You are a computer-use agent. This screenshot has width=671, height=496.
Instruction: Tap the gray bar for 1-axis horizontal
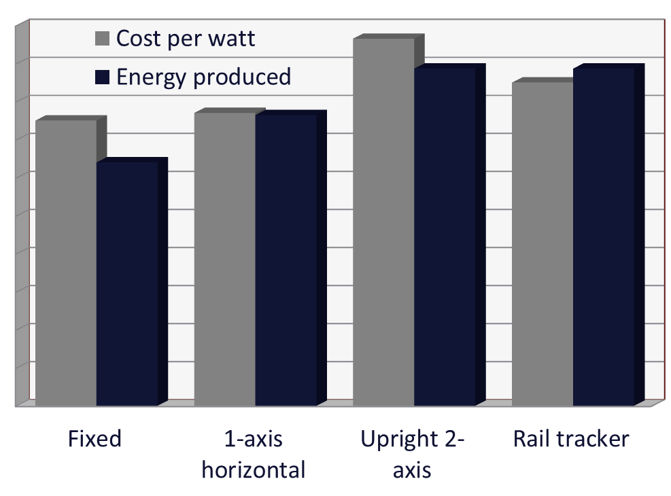[x=224, y=259]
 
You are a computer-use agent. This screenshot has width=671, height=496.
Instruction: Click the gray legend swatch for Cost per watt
[x=103, y=39]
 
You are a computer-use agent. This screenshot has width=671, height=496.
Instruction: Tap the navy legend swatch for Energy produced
[x=103, y=77]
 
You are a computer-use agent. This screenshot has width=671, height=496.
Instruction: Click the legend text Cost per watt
[x=186, y=38]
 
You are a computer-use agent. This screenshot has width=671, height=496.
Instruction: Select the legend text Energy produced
[x=203, y=77]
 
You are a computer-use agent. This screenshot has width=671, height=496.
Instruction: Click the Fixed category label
[x=94, y=439]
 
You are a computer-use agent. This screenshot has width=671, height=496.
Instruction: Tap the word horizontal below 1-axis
[x=254, y=470]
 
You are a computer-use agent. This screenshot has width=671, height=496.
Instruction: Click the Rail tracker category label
[x=571, y=439]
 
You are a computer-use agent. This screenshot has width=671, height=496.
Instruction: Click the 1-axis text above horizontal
[x=253, y=439]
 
